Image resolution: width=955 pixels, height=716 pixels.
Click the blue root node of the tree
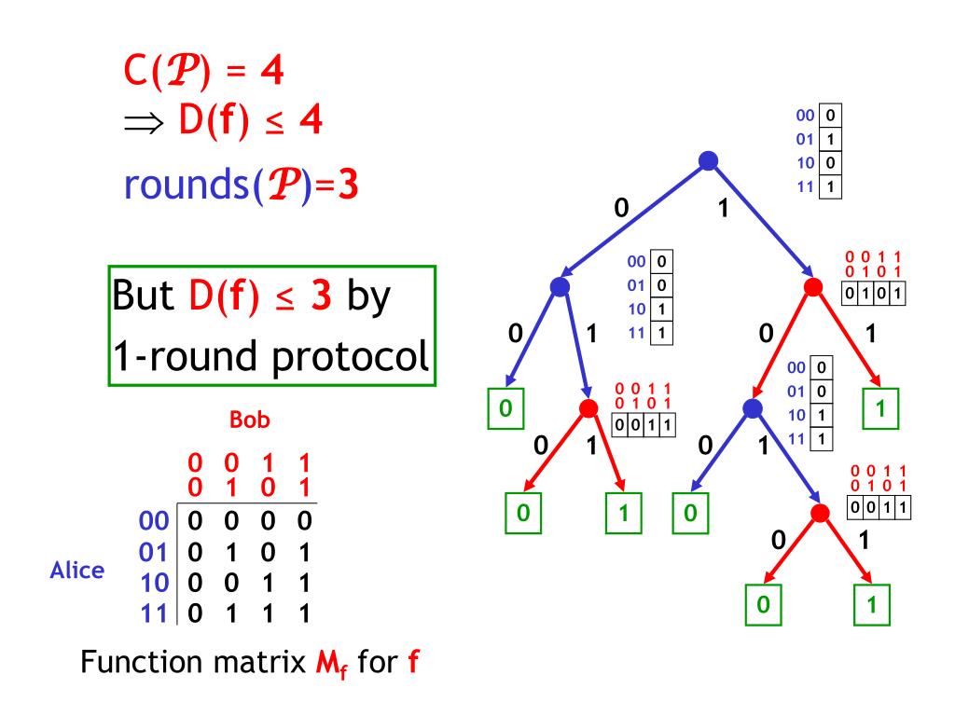tap(708, 161)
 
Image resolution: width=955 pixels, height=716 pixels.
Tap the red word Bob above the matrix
tap(249, 420)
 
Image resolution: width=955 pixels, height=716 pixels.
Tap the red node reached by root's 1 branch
tap(812, 286)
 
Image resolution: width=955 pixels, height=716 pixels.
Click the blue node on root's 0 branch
tap(561, 286)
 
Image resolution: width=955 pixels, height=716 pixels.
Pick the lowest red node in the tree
tap(820, 514)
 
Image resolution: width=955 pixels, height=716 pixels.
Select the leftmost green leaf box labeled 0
tap(505, 408)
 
